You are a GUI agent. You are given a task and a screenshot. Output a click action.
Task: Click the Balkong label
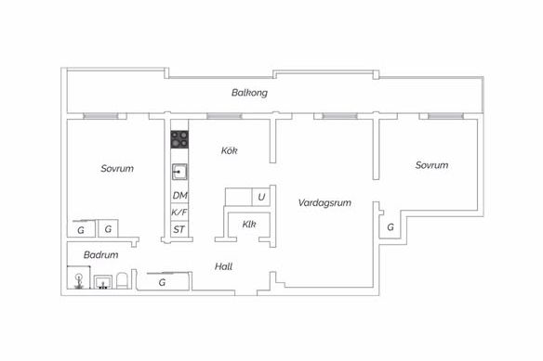[x=249, y=93]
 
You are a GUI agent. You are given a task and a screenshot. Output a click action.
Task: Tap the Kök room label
[x=230, y=150]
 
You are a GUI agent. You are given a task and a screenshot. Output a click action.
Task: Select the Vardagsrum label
[x=324, y=202]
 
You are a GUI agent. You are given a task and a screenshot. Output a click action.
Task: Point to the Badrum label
[x=100, y=255]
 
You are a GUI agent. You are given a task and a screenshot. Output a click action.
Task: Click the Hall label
[x=223, y=266]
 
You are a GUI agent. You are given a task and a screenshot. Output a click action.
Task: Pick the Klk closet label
[x=249, y=224]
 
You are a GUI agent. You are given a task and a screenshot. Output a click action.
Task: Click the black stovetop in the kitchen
[x=179, y=139]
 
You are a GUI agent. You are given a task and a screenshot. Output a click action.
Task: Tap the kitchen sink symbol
[x=179, y=172]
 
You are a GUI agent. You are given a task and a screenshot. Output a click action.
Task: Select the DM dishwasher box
[x=179, y=196]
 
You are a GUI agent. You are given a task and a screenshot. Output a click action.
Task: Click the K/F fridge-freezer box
[x=179, y=212]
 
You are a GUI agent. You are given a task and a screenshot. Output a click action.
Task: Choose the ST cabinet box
[x=179, y=229]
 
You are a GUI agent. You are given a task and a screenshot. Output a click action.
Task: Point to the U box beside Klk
[x=261, y=197]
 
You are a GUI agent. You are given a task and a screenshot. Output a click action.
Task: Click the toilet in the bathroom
[x=122, y=280]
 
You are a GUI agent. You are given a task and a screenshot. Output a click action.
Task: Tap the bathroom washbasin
[x=103, y=282]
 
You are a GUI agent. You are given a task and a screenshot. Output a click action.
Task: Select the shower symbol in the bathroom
[x=79, y=277]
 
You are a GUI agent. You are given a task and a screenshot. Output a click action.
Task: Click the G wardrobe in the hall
[x=163, y=282]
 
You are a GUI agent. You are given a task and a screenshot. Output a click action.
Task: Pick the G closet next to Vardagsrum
[x=391, y=226]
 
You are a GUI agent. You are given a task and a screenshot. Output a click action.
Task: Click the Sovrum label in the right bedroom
[x=431, y=165]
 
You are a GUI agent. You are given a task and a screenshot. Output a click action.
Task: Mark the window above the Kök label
[x=224, y=116]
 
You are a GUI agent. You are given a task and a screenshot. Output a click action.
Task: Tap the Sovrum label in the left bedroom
[x=117, y=168]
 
